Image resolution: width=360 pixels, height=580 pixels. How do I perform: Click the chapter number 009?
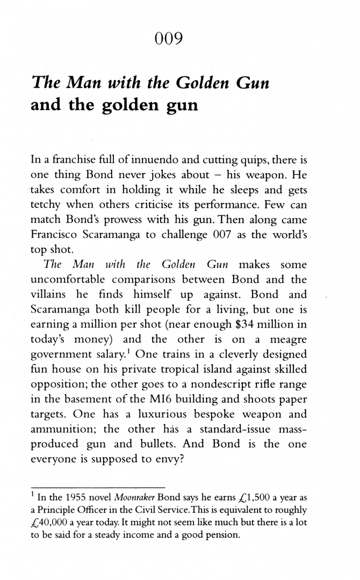pyautogui.click(x=169, y=39)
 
